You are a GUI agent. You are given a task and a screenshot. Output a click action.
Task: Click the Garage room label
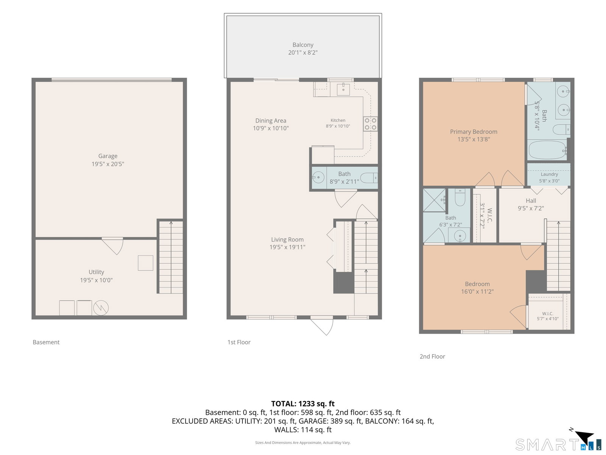(x=108, y=156)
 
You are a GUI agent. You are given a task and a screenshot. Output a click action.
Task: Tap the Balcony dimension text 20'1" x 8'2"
(x=303, y=52)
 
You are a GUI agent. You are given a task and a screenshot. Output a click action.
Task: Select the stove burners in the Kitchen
(x=370, y=124)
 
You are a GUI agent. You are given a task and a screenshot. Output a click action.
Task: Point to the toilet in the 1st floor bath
(x=369, y=178)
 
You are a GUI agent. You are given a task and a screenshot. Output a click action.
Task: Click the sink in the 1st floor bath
(x=318, y=177)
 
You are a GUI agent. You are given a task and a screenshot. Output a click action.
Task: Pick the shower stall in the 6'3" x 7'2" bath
(x=434, y=200)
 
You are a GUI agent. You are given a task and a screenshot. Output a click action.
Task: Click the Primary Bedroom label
(x=473, y=132)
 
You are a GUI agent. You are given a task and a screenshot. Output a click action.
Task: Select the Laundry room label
(x=549, y=174)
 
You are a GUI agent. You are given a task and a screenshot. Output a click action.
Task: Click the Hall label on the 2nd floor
(x=531, y=201)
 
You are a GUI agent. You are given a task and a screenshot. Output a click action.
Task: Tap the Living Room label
(x=287, y=240)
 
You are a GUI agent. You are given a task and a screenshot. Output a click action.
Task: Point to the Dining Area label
(x=270, y=121)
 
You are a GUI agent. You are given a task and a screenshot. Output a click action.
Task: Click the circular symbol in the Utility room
(x=101, y=308)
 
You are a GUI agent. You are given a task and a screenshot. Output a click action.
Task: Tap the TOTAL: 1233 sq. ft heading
(x=303, y=403)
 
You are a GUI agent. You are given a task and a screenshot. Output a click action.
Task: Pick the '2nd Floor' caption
(x=432, y=356)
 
